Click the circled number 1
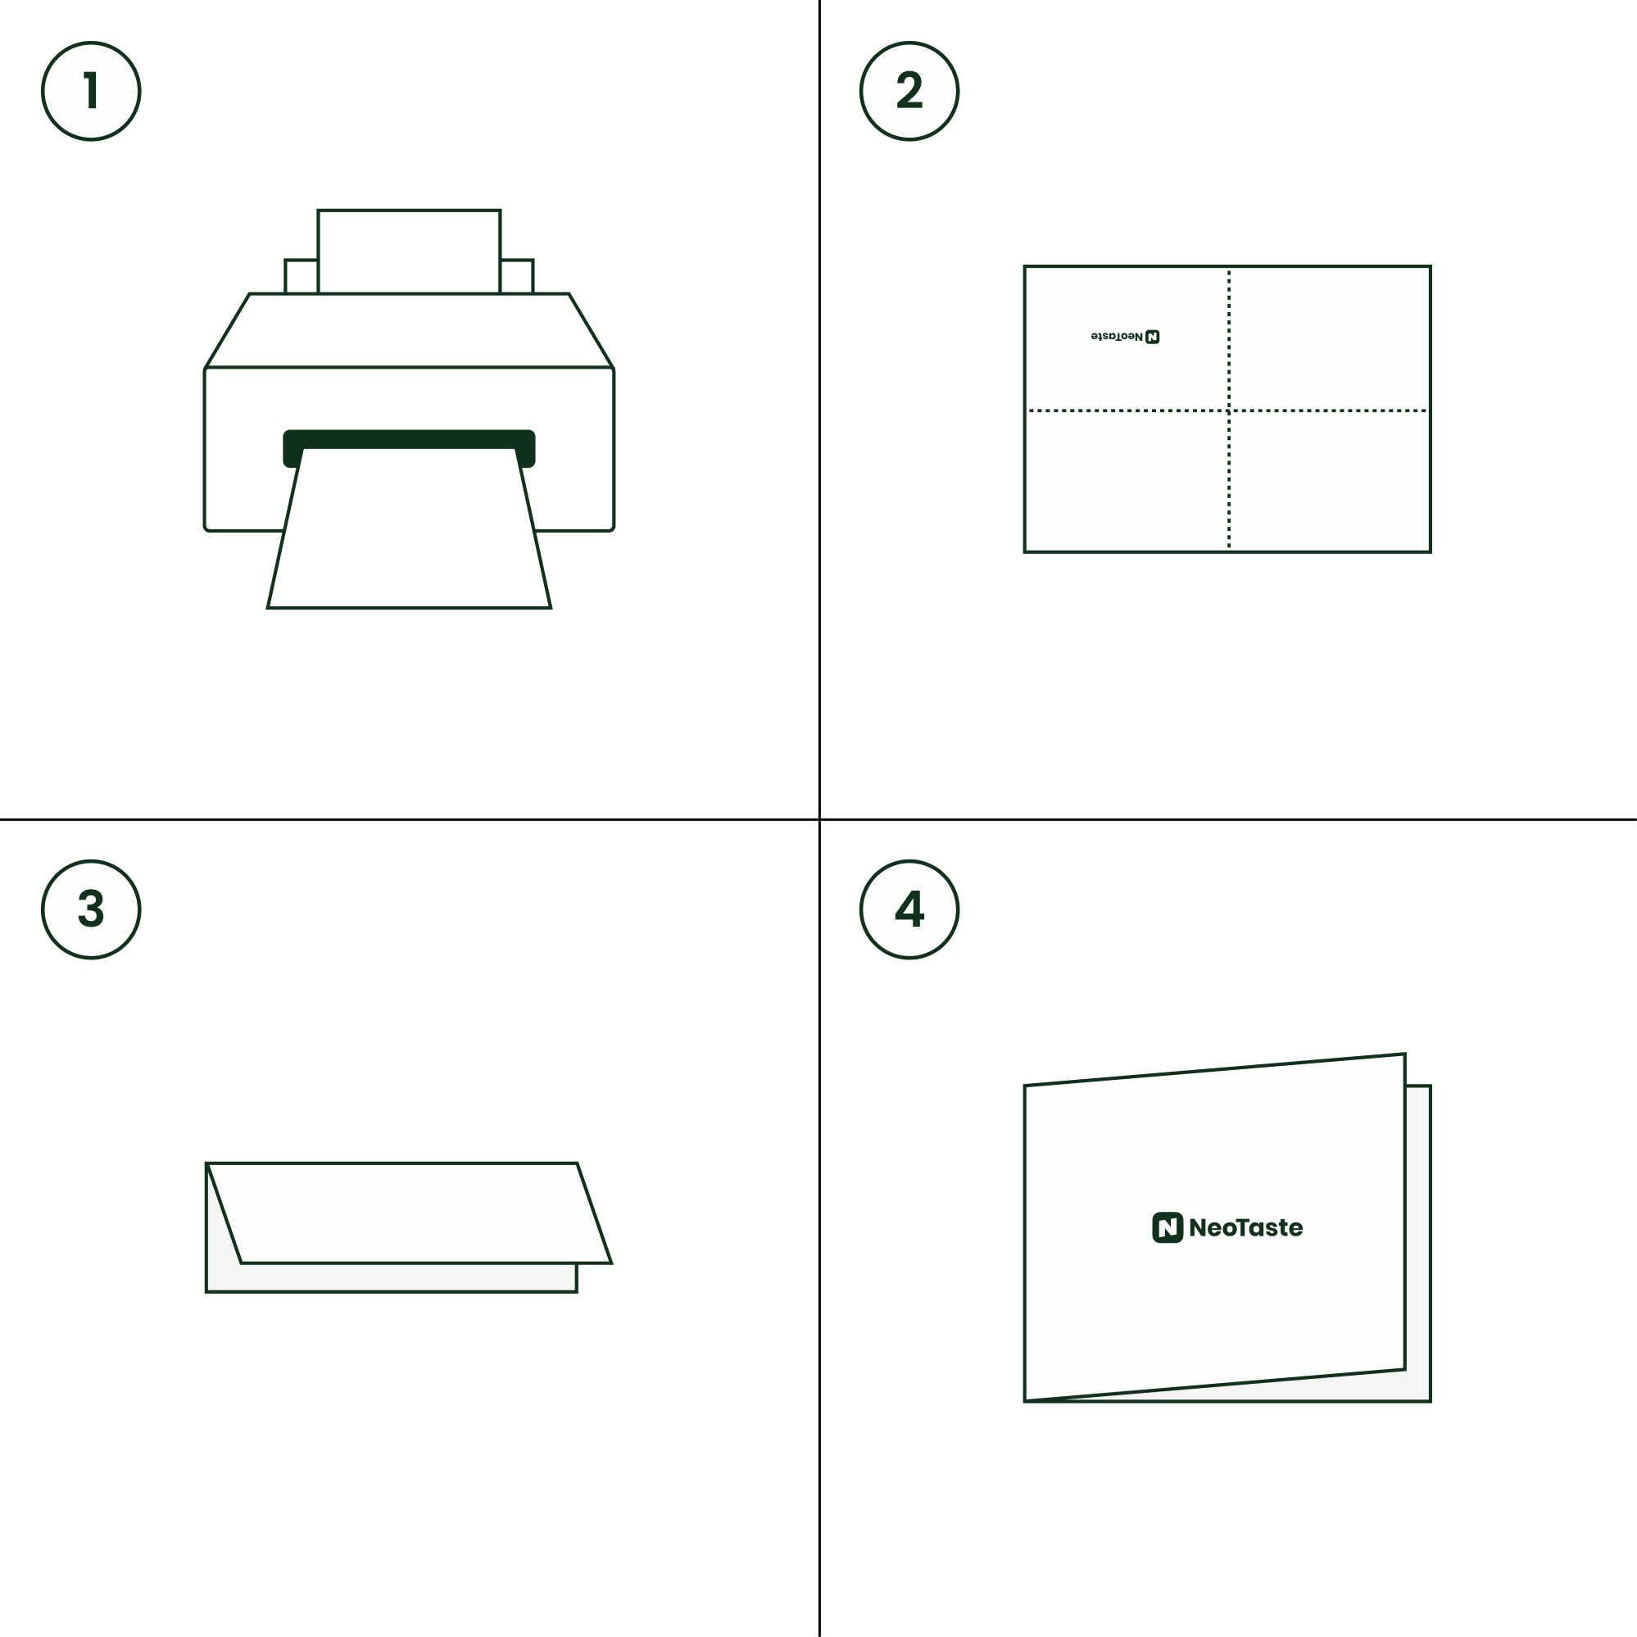pyautogui.click(x=91, y=91)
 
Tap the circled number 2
pyautogui.click(x=909, y=91)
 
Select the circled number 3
pyautogui.click(x=91, y=909)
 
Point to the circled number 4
pyautogui.click(x=909, y=909)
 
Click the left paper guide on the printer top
pyautogui.click(x=301, y=276)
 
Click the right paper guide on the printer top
pyautogui.click(x=517, y=276)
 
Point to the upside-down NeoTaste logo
pyautogui.click(x=1125, y=337)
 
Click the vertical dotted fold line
pyautogui.click(x=1229, y=410)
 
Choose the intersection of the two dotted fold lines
pyautogui.click(x=1229, y=411)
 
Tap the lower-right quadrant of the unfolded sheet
pyautogui.click(x=1330, y=481)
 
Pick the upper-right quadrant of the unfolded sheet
pyautogui.click(x=1330, y=339)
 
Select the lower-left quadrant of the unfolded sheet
pyautogui.click(x=1127, y=481)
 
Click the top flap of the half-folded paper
pyautogui.click(x=410, y=1213)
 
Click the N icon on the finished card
pyautogui.click(x=1167, y=1227)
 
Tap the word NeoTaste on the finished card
pyautogui.click(x=1245, y=1227)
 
